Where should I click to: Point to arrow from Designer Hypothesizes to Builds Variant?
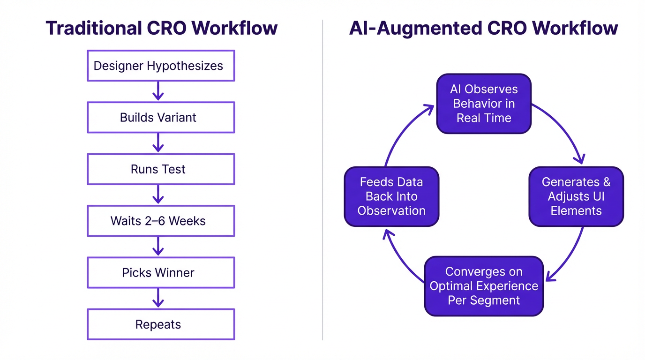pos(158,91)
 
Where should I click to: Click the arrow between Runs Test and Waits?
pos(158,195)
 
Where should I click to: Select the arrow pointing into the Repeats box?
pos(158,298)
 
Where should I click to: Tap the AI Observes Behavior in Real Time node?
pos(484,104)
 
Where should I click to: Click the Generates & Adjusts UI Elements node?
pos(576,196)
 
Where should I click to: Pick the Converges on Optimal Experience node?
pos(484,286)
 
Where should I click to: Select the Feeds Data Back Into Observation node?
pos(391,196)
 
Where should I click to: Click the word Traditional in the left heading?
pos(93,28)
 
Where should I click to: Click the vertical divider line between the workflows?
pos(322,187)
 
